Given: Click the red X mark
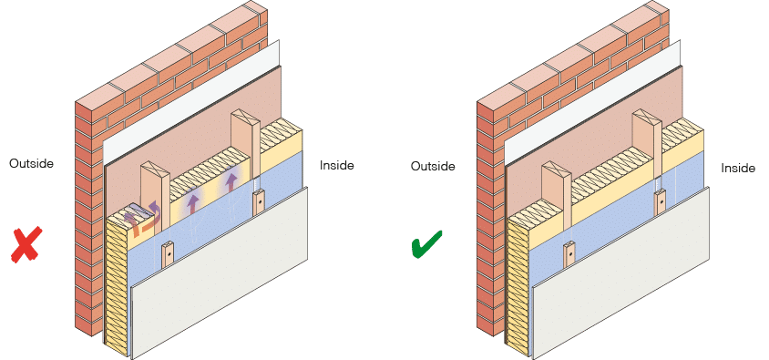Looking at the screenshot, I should (x=27, y=244).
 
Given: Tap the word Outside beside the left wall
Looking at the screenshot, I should (x=31, y=164).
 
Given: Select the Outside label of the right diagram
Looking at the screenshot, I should (x=433, y=167).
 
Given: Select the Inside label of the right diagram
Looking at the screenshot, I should (x=738, y=169).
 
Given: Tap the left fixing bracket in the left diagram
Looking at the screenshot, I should (x=168, y=252).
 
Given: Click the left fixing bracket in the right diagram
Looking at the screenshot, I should (x=568, y=253).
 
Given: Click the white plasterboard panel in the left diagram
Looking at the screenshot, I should (x=228, y=283).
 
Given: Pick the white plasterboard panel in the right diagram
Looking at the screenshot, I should (x=629, y=283).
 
